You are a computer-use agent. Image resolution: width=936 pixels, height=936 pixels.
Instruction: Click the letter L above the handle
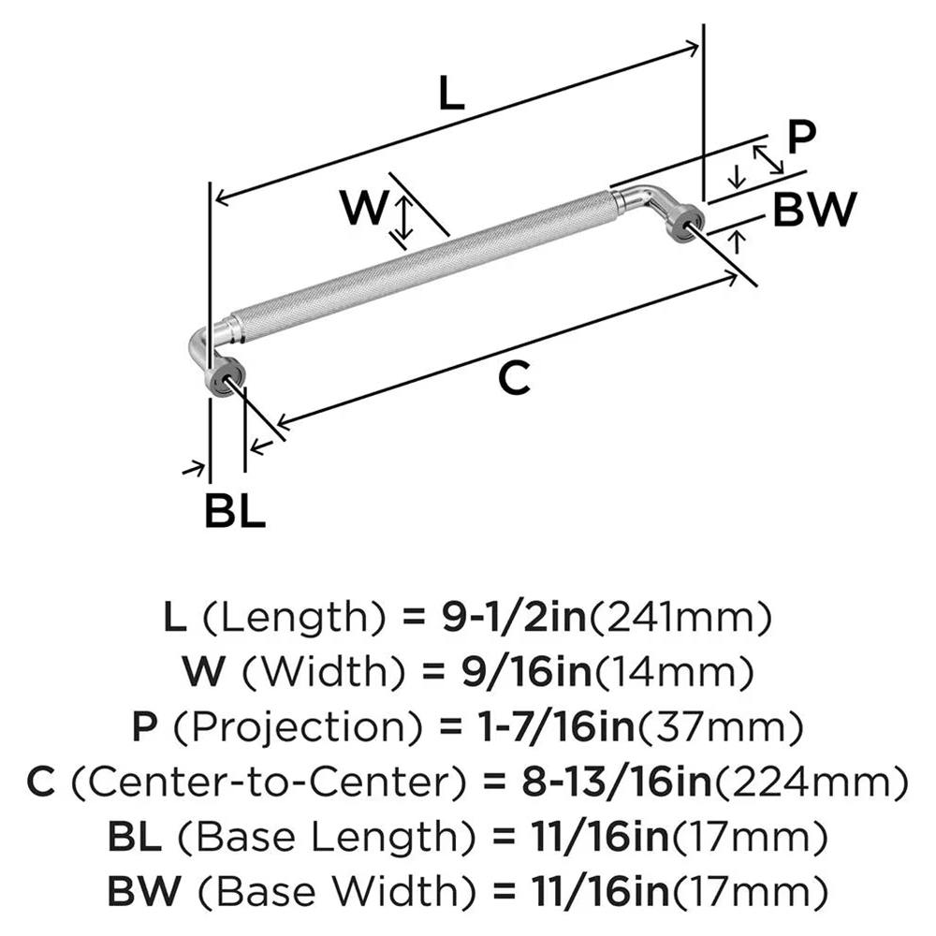[x=451, y=94]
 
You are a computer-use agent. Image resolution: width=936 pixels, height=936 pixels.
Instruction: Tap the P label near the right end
[x=800, y=137]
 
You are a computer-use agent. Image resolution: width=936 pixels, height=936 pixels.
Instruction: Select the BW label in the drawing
[x=813, y=211]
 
